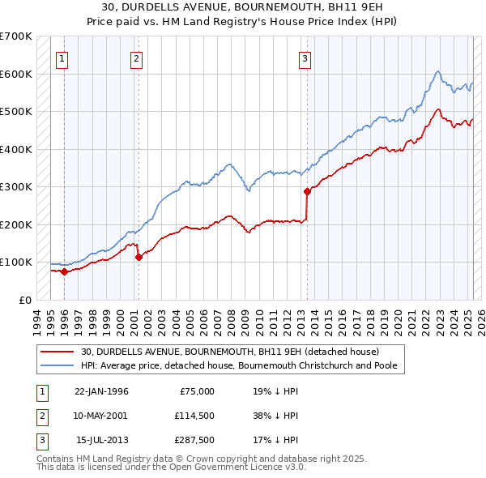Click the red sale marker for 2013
307,191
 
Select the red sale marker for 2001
139,257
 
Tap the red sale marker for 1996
64,271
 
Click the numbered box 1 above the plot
62,58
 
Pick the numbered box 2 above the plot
137,58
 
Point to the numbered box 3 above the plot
305,58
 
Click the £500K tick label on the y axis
16,112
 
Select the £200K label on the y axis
16,224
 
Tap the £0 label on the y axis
24,300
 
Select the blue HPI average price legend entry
237,365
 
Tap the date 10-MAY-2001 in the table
101,415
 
